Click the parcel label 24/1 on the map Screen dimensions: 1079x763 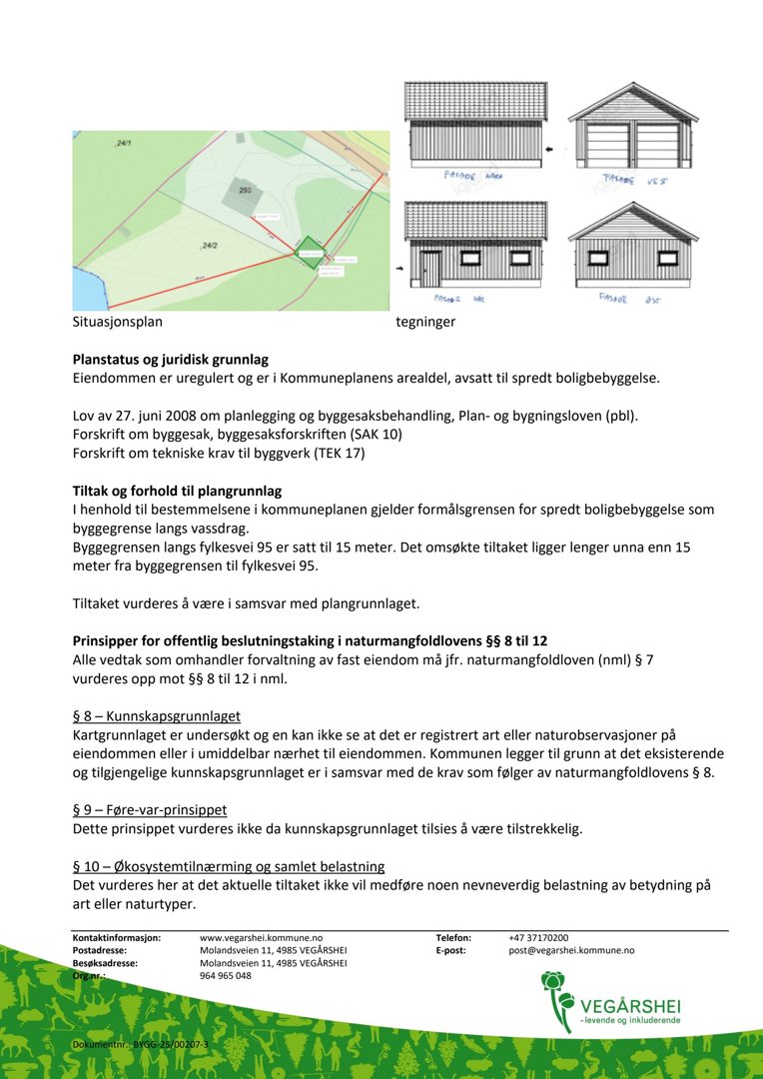pos(123,145)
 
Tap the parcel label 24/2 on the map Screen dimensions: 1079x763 pos(210,245)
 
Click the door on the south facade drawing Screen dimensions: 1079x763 pos(429,268)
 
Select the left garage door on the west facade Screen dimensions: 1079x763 pos(607,145)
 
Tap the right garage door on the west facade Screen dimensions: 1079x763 pos(658,145)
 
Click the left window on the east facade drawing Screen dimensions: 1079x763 pos(598,258)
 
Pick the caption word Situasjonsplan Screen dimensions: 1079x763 pos(117,323)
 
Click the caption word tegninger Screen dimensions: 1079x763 pos(425,323)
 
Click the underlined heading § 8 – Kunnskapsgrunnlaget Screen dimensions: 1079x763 pos(156,715)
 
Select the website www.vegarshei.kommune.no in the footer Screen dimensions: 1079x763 pos(261,938)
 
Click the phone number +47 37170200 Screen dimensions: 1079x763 pos(538,938)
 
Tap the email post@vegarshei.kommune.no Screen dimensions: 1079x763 pos(571,951)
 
